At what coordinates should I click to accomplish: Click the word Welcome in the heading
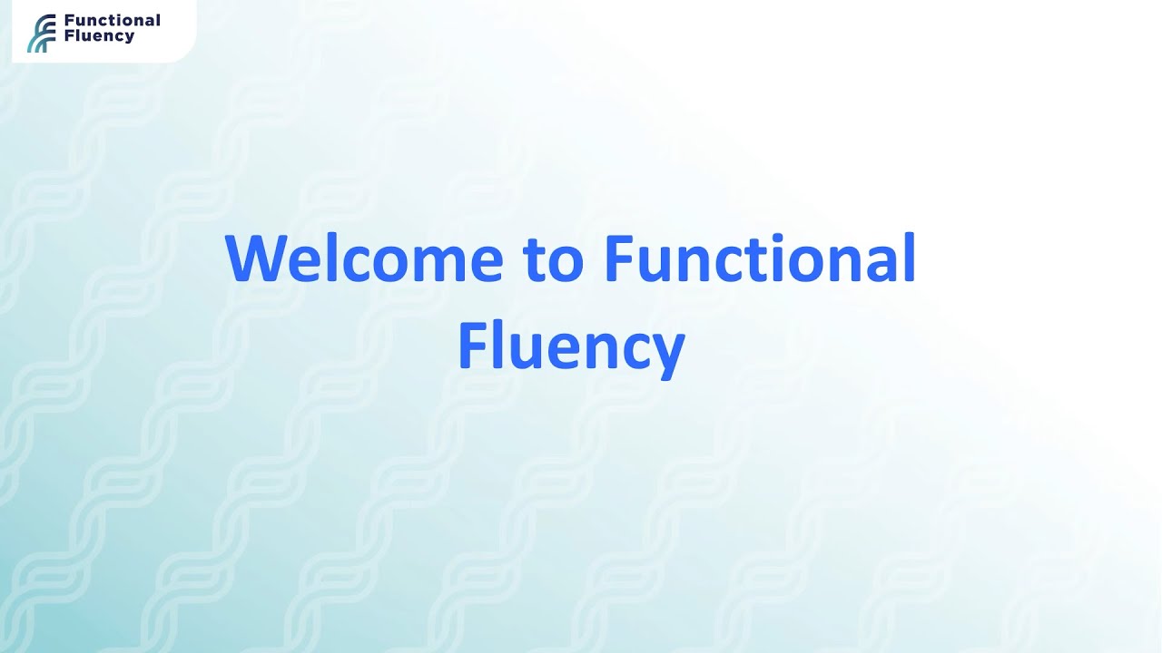363,259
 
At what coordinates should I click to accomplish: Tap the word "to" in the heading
553,259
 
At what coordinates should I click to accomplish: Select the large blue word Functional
759,259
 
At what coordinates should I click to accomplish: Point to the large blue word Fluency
570,346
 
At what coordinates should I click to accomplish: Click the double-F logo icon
41,34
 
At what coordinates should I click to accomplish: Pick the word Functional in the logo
112,21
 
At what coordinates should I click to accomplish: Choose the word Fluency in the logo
99,37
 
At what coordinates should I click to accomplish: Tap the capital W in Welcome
256,259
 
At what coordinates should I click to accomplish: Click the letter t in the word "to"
533,260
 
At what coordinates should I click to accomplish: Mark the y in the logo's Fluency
130,39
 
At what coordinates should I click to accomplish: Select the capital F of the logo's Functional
69,21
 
